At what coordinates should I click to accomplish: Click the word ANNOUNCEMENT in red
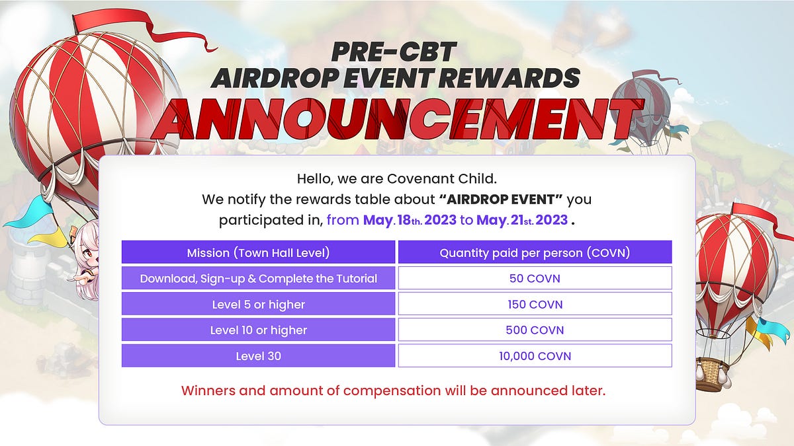[397, 118]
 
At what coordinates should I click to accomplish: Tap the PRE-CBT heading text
[394, 52]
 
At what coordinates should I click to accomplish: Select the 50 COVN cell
[535, 278]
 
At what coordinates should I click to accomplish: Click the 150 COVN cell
[535, 304]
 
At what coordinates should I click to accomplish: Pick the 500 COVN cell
[535, 330]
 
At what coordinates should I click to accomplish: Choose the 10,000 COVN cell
[535, 355]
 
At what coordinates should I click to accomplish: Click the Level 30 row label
[259, 355]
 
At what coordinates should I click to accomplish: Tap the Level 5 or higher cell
[259, 304]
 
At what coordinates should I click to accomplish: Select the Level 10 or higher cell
[259, 330]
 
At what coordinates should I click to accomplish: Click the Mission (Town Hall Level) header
[259, 252]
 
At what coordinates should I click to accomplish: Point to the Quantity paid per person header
[535, 252]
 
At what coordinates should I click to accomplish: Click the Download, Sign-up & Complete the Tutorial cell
[259, 278]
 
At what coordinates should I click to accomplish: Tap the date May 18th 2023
[410, 220]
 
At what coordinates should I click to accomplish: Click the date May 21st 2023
[522, 220]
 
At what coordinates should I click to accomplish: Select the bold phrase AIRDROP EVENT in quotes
[501, 200]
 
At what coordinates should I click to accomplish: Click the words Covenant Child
[442, 179]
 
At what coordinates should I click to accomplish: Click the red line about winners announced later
[394, 390]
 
